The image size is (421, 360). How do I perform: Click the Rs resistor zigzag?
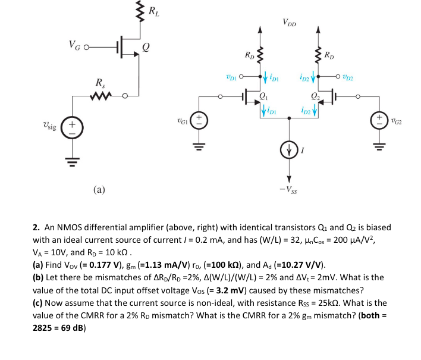(x=98, y=95)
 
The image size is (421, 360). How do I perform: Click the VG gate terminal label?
(x=76, y=46)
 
